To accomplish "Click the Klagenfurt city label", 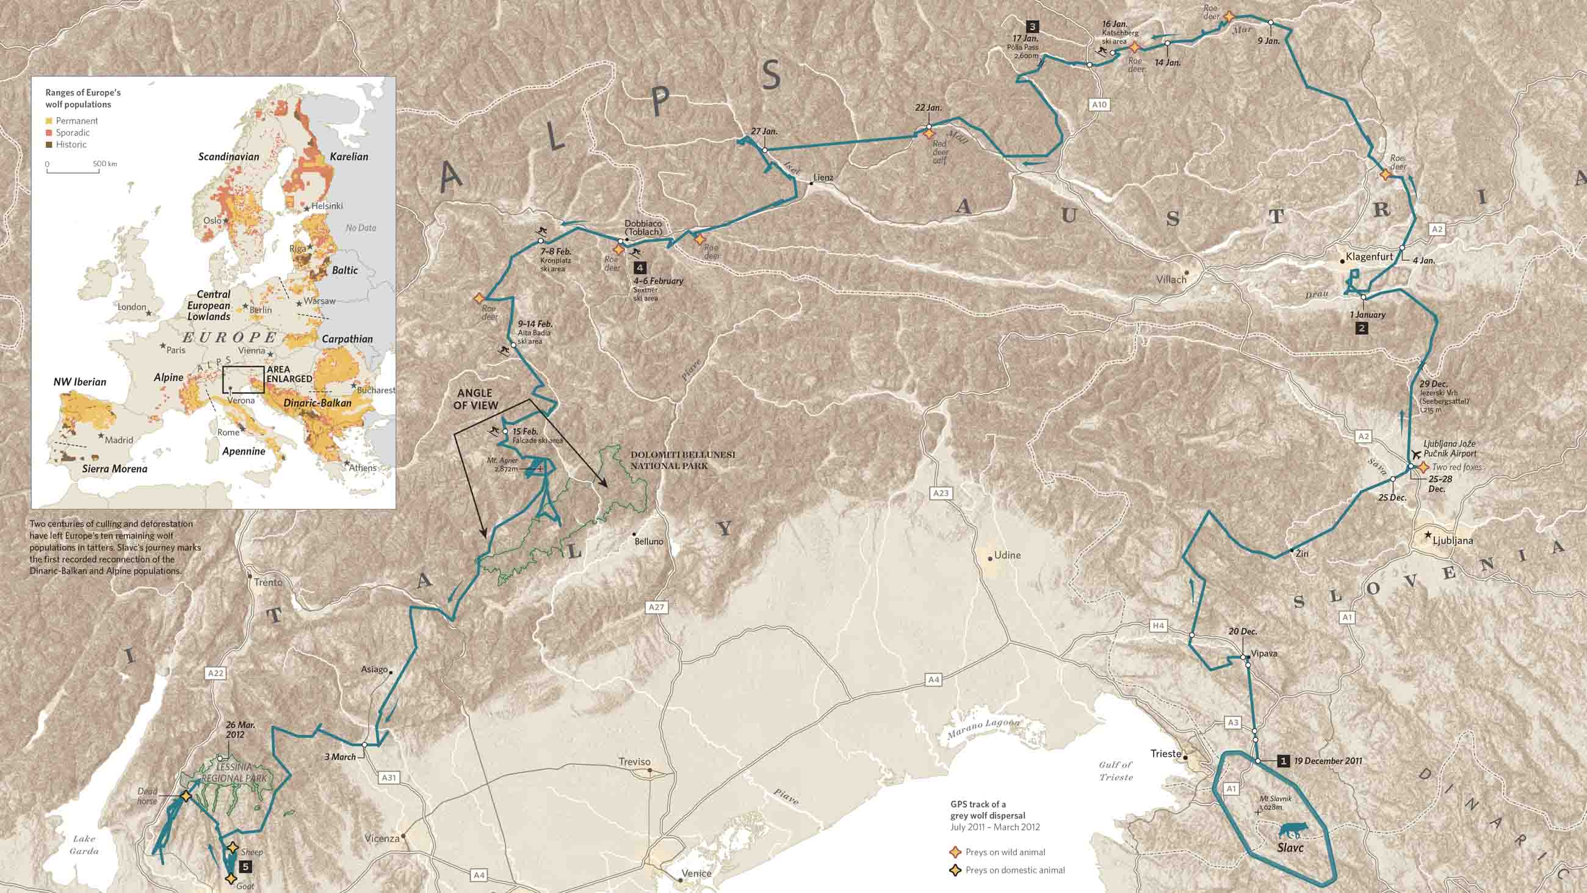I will click(x=1369, y=257).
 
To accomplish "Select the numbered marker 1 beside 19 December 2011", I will click(x=1283, y=761).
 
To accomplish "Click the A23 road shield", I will click(x=940, y=493).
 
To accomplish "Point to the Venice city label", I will click(x=696, y=873).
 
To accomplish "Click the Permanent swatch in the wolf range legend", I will click(x=49, y=121).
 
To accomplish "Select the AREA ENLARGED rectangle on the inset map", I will click(x=244, y=379).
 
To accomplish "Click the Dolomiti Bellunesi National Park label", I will click(x=682, y=461).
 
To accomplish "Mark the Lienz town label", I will click(x=822, y=178).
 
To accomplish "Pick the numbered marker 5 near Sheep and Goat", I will click(x=245, y=867).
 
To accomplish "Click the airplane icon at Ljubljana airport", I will click(x=1414, y=455).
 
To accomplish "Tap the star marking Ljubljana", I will click(x=1428, y=535).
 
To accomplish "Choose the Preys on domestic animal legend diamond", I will click(x=955, y=870).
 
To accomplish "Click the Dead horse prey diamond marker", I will click(x=186, y=796).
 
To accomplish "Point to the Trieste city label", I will click(x=1166, y=754).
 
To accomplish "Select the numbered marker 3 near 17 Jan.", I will click(x=1032, y=26).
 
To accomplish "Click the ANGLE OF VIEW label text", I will click(x=475, y=399).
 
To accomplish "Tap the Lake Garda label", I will click(x=84, y=844).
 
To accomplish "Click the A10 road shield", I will click(x=1099, y=105).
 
